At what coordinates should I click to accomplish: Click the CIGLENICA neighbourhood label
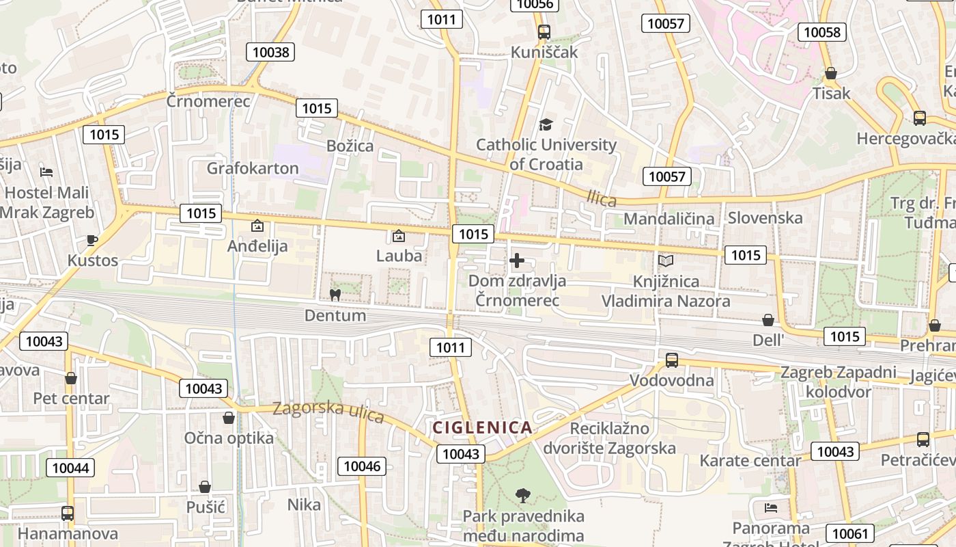coord(482,428)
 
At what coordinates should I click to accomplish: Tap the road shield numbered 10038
coord(271,52)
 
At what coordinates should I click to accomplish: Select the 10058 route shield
coord(822,32)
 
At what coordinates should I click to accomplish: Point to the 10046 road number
coord(362,466)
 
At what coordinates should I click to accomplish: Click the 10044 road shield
coord(70,468)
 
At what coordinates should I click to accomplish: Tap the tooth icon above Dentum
coord(335,295)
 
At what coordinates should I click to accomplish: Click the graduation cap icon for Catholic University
coord(545,124)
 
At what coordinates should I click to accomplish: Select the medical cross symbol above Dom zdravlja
coord(517,261)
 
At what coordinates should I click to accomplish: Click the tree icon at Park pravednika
coord(523,494)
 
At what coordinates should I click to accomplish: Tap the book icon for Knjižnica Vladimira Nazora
coord(665,261)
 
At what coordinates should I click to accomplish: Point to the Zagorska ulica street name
coord(328,411)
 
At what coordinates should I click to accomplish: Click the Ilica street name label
coord(602,199)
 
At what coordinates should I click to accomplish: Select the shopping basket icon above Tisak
coord(831,73)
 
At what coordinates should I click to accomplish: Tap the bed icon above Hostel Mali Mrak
coord(46,172)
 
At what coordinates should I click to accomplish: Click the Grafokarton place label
coord(253,168)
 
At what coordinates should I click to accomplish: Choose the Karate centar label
coord(749,461)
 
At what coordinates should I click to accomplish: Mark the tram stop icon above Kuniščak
coord(544,31)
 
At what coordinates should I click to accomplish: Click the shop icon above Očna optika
coord(229,417)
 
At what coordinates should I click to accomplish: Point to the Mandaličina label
coord(669,219)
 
